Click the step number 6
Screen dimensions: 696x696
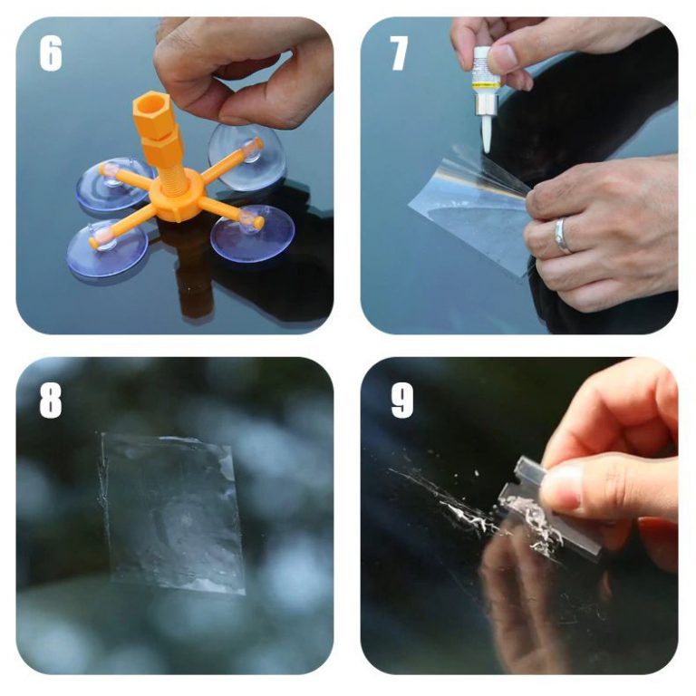50,53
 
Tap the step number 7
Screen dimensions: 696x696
398,53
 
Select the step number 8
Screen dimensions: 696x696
50,401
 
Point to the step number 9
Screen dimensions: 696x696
402,401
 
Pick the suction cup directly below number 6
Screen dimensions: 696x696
114,184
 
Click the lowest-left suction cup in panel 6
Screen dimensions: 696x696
107,247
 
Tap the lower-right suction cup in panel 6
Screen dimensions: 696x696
252,233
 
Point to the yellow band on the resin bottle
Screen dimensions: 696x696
487,83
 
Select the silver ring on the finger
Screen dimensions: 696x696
561,236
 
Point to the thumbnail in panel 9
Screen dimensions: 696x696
561,488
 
